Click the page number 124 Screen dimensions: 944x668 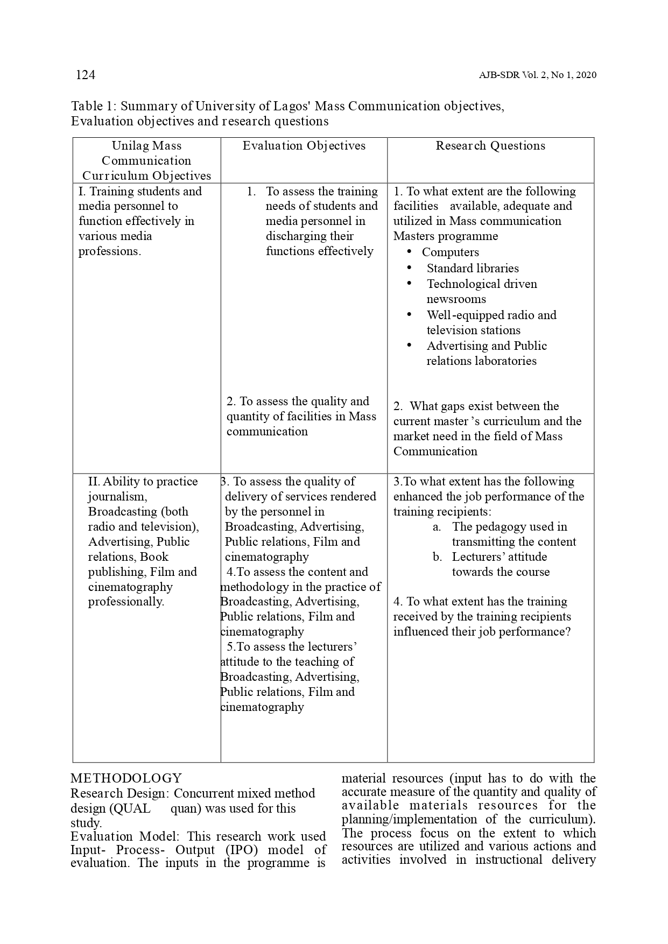coord(86,75)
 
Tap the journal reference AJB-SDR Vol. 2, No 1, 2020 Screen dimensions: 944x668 coord(537,75)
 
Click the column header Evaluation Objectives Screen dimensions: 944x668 coord(304,146)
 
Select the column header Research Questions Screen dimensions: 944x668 coord(490,146)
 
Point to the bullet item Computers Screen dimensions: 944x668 coord(450,252)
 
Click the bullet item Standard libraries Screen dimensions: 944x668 coord(473,269)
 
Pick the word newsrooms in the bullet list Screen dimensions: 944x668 coord(456,299)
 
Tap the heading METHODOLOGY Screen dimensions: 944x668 coord(126,778)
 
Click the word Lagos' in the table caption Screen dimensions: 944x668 coord(293,106)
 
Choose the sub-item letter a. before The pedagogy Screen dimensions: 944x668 coord(437,527)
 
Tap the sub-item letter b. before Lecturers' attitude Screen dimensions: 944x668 coord(437,557)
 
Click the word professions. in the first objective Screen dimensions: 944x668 coord(110,251)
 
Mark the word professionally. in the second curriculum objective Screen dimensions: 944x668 coord(126,602)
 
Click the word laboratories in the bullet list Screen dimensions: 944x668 coord(481,361)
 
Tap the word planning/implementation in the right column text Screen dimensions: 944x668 coord(409,819)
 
